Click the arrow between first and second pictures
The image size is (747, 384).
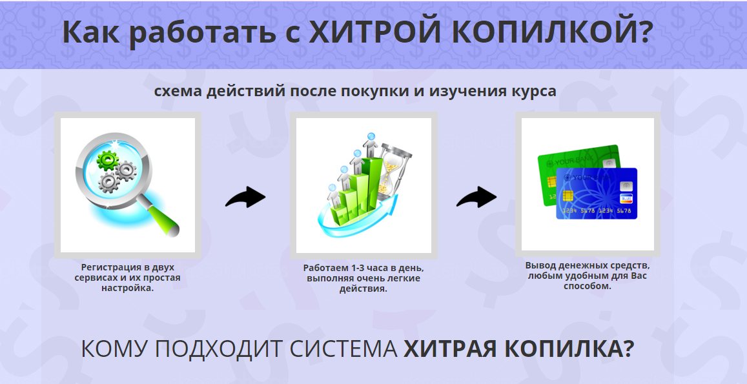click(245, 197)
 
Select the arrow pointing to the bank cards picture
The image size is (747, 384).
click(476, 197)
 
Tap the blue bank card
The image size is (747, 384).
click(597, 194)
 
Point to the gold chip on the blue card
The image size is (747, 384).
click(568, 196)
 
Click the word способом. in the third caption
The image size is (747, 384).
click(588, 287)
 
